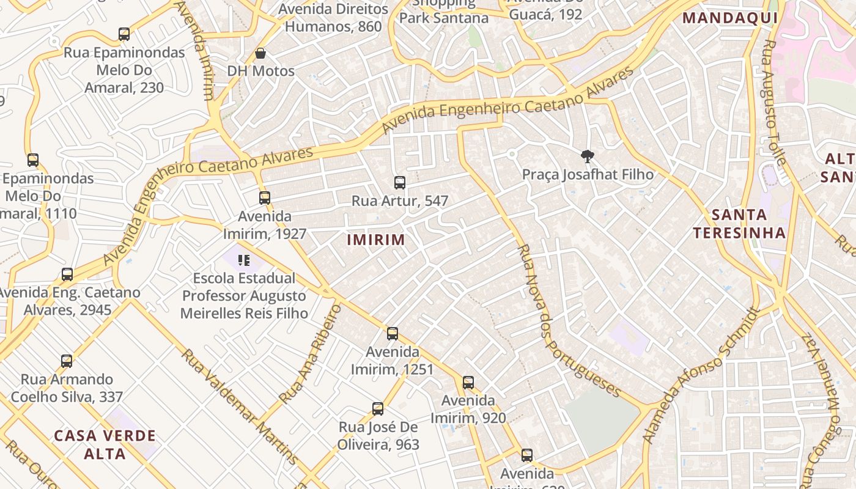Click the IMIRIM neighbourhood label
376,240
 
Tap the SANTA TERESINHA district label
739,224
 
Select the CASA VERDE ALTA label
105,444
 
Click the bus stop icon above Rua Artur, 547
400,182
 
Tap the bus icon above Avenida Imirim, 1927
265,197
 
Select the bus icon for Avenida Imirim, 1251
393,334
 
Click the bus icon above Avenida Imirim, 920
468,383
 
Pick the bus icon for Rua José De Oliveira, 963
378,409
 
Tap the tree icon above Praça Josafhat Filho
588,156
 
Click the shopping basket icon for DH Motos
260,53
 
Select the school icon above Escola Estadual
244,260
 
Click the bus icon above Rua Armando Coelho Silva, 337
67,361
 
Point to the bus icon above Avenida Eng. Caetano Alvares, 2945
67,274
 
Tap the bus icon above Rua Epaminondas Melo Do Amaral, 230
124,34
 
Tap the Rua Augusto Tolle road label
773,101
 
